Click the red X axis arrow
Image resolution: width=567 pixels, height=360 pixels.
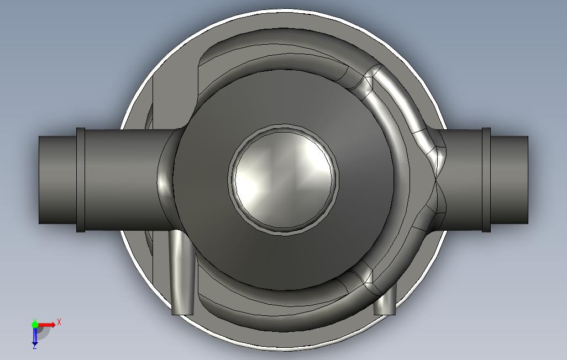pos(48,324)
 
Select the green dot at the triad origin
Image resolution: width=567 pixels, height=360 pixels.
pos(34,324)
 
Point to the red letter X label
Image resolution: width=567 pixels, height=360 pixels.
pos(59,321)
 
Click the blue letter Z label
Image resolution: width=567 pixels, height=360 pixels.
pos(34,347)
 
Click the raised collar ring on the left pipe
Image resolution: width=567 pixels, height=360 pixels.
pos(81,179)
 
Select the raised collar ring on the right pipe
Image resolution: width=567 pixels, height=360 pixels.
pos(486,179)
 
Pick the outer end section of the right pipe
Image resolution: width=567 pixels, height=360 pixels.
pos(509,179)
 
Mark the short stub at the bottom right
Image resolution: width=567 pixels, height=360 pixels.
pos(385,302)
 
